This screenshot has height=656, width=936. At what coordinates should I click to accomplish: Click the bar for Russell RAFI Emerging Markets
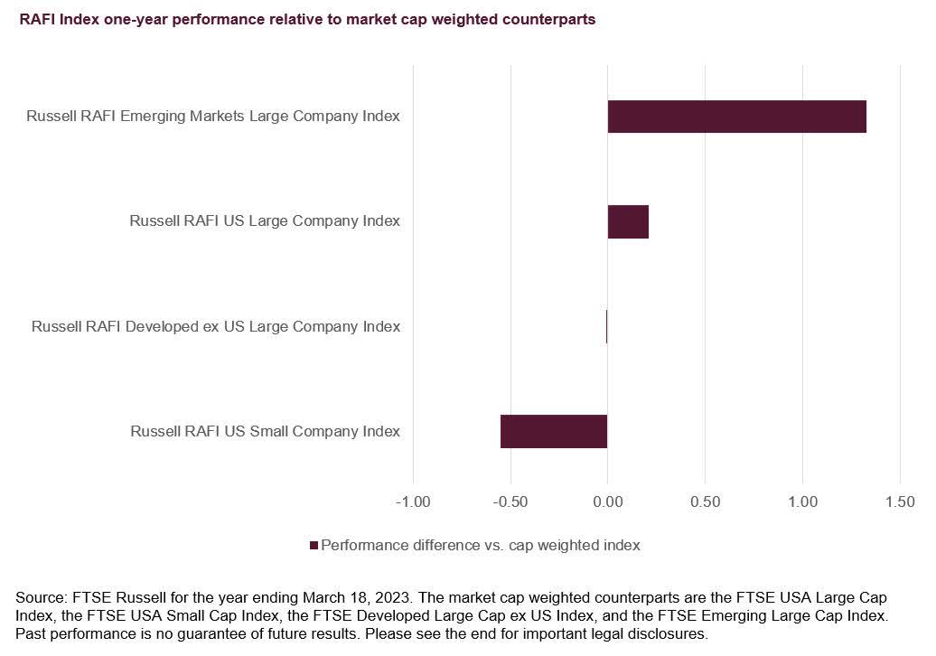(736, 117)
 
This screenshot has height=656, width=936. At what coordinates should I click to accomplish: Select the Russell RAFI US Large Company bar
(628, 221)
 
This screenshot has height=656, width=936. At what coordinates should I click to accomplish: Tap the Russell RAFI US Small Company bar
(554, 431)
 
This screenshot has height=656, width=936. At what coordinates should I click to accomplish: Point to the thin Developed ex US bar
(607, 326)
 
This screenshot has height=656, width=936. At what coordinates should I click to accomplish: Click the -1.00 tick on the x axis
(413, 501)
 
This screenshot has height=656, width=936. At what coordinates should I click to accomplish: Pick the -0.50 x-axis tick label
(510, 501)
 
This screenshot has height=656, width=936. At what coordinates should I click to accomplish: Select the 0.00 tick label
(608, 501)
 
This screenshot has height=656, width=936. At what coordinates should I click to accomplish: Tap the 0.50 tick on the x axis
(706, 501)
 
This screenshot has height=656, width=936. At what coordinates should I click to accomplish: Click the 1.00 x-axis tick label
(803, 501)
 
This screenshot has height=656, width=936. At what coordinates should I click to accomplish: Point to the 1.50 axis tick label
(900, 501)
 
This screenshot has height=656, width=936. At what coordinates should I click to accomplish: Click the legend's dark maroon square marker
(314, 546)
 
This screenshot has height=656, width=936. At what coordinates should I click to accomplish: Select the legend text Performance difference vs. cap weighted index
(481, 546)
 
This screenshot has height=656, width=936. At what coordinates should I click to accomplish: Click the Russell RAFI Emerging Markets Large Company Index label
(213, 117)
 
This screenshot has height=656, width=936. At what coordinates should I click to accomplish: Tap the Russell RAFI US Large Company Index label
(265, 221)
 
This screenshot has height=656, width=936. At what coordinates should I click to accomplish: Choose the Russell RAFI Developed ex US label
(216, 326)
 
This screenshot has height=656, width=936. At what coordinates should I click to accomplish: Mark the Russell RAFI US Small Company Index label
(265, 431)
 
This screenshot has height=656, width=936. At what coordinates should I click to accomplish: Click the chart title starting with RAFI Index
(307, 20)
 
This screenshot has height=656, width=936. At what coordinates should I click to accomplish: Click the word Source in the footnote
(39, 598)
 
